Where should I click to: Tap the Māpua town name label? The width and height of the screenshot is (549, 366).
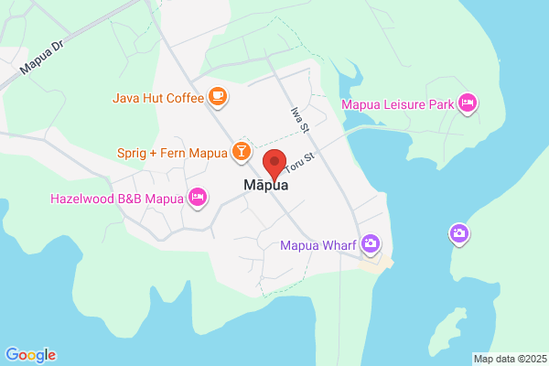click(267, 185)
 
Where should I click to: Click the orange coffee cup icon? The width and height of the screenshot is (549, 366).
click(217, 95)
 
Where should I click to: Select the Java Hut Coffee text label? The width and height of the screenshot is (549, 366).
click(156, 96)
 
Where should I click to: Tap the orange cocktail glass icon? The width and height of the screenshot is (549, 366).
click(240, 151)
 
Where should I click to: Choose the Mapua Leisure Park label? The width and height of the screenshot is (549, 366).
click(398, 103)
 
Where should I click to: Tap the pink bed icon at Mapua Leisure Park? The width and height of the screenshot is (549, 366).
click(468, 102)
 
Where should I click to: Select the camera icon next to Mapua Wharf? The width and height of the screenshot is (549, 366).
click(371, 243)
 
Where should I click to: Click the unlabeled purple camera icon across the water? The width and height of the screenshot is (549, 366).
click(459, 233)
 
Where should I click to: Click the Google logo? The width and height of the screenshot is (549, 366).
click(30, 355)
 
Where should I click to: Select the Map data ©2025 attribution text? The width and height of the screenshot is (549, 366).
click(509, 358)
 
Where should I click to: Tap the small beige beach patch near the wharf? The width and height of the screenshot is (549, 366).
click(382, 264)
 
